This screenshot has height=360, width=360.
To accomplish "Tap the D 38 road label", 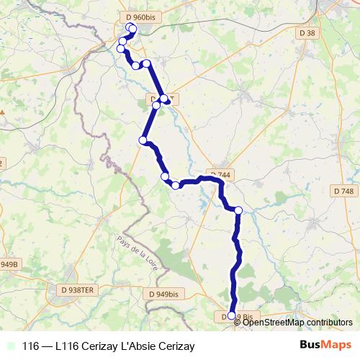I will point(307,33).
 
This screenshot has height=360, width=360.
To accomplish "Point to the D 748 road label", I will point(344,191).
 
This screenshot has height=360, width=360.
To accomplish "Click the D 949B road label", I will point(9,264).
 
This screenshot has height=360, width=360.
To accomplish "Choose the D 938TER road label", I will point(74,289).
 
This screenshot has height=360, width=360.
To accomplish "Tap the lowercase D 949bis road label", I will point(163,294).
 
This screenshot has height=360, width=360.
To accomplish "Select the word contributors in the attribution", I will point(330,323).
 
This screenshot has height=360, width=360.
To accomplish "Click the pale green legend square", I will point(9,346).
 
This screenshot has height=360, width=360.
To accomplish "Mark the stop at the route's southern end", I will point(231,315).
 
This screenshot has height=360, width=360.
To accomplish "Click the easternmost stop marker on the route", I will point(238,210).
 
